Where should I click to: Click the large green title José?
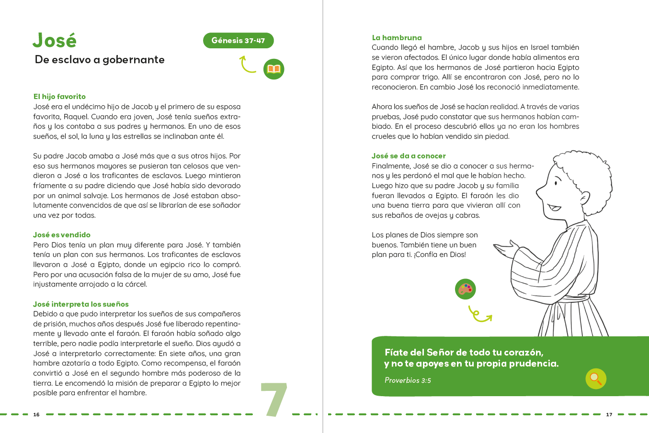(55, 41)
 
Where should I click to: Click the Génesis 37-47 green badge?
(238, 41)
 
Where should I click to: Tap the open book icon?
(273, 69)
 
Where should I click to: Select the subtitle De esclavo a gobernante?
(100, 60)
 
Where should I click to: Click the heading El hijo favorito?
(59, 97)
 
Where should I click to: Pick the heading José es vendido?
(62, 235)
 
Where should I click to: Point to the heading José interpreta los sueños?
(81, 304)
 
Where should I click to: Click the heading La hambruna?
(397, 38)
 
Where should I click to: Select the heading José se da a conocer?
(409, 156)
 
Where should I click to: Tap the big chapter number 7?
(273, 400)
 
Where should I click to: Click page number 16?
(36, 415)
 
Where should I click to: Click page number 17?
(609, 415)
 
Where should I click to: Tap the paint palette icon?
(465, 289)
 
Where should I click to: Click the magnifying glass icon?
(596, 379)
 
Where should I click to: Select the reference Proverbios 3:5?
(408, 380)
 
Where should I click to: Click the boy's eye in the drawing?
(557, 182)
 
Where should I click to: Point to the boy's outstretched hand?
(506, 250)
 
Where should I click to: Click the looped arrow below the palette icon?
(479, 315)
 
